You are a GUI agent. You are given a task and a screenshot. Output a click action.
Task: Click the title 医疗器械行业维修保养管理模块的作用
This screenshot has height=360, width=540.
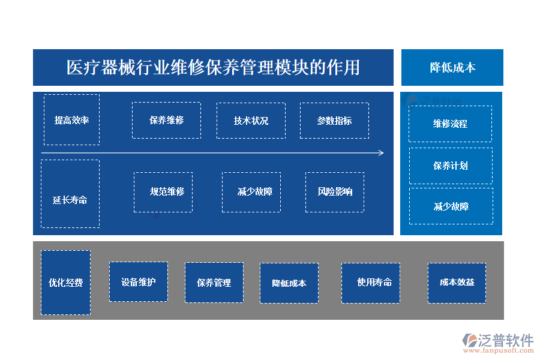coord(213,67)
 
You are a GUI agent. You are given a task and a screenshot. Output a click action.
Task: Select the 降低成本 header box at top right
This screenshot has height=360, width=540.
coord(452,67)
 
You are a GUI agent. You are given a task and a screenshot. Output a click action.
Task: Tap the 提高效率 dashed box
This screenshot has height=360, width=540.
coord(71,119)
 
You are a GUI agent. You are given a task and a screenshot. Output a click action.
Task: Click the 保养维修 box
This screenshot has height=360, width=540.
coord(166,120)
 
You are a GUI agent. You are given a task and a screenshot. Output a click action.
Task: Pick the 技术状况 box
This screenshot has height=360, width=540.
coord(251,121)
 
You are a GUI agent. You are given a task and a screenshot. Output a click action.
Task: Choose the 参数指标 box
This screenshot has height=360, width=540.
coord(334,121)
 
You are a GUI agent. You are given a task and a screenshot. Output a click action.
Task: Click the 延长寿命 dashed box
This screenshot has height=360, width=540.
coord(70,194)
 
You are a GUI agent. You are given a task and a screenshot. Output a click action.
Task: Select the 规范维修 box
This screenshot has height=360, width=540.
coord(163,192)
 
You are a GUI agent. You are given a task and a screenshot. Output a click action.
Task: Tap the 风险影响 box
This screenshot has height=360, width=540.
coord(335,192)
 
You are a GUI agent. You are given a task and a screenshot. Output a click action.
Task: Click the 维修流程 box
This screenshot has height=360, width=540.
coord(450,124)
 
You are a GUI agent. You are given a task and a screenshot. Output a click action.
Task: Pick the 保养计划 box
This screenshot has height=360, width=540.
coord(451,166)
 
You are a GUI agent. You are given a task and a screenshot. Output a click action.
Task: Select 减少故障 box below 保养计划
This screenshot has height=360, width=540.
coord(451,206)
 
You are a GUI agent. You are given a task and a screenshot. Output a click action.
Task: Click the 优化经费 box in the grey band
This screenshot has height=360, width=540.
coord(66,283)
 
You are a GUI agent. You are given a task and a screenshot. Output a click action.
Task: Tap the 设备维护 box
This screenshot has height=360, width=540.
coord(139,282)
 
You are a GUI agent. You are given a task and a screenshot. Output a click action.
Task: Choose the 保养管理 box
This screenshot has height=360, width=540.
coord(214,283)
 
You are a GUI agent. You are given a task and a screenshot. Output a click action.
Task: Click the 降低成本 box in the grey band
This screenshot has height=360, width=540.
coord(289,283)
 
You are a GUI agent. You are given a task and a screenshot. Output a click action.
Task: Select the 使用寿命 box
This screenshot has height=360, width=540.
coord(371,283)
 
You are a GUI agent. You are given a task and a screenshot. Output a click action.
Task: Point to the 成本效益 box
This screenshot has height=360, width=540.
coord(457,283)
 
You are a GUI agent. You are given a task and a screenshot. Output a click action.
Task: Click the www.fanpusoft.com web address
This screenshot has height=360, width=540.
coord(499,350)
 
